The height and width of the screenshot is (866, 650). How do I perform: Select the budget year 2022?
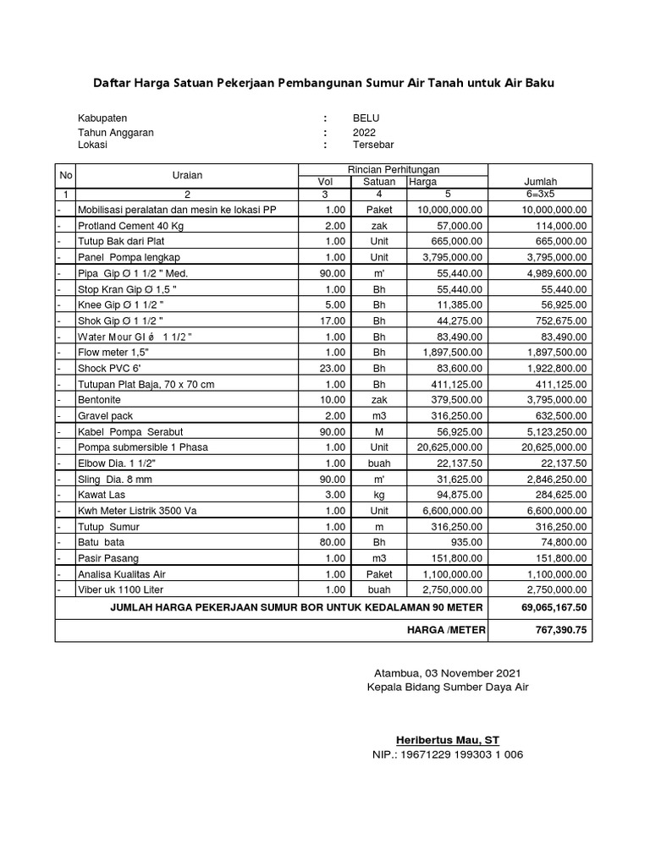coord(365,132)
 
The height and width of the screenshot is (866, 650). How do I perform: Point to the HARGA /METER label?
coord(446,631)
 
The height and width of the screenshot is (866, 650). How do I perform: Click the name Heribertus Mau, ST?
coord(448,739)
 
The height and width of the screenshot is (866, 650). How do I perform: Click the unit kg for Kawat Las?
coord(379,495)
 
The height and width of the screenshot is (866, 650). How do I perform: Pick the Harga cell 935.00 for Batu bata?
coord(467,542)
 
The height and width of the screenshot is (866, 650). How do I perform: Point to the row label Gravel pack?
coord(105,416)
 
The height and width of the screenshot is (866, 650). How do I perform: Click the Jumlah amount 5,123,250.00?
coord(554,431)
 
